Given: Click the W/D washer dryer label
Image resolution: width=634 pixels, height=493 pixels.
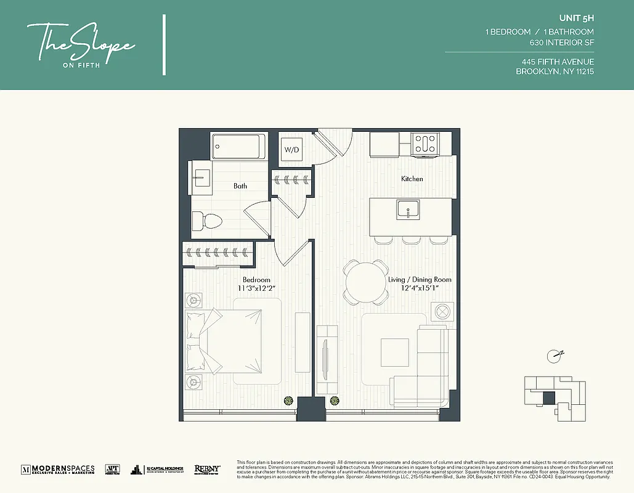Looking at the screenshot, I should [x=292, y=150].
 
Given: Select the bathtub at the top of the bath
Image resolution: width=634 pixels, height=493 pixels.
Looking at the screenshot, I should [x=238, y=147].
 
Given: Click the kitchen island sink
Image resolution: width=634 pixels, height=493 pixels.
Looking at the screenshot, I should [x=408, y=210].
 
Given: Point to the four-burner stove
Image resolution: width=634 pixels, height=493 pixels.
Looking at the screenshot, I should [x=425, y=144].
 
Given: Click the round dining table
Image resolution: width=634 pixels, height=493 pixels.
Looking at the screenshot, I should [x=367, y=282].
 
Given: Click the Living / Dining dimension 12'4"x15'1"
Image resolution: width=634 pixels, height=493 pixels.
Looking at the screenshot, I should [x=420, y=288].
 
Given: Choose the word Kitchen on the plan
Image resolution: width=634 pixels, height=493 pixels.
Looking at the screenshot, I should [x=412, y=179].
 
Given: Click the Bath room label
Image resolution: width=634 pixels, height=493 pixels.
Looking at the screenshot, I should [x=240, y=185].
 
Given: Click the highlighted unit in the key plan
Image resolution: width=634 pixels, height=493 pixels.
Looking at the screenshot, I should [x=548, y=397].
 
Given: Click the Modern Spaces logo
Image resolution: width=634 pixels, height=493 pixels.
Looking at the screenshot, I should [x=58, y=469].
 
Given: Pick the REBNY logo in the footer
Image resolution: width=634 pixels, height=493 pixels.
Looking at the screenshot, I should [x=207, y=469].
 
